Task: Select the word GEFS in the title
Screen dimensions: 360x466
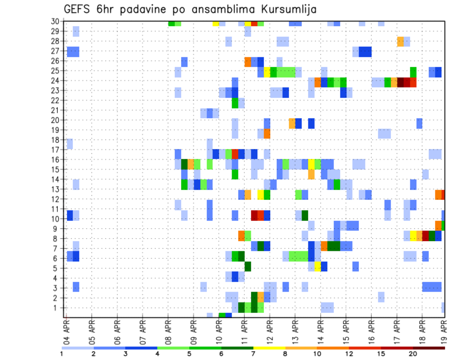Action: pyautogui.click(x=79, y=10)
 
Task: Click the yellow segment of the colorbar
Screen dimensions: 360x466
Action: pyautogui.click(x=269, y=348)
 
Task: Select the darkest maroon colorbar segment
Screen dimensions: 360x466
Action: pyautogui.click(x=429, y=348)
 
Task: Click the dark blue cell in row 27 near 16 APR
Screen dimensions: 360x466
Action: pyautogui.click(x=365, y=51)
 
